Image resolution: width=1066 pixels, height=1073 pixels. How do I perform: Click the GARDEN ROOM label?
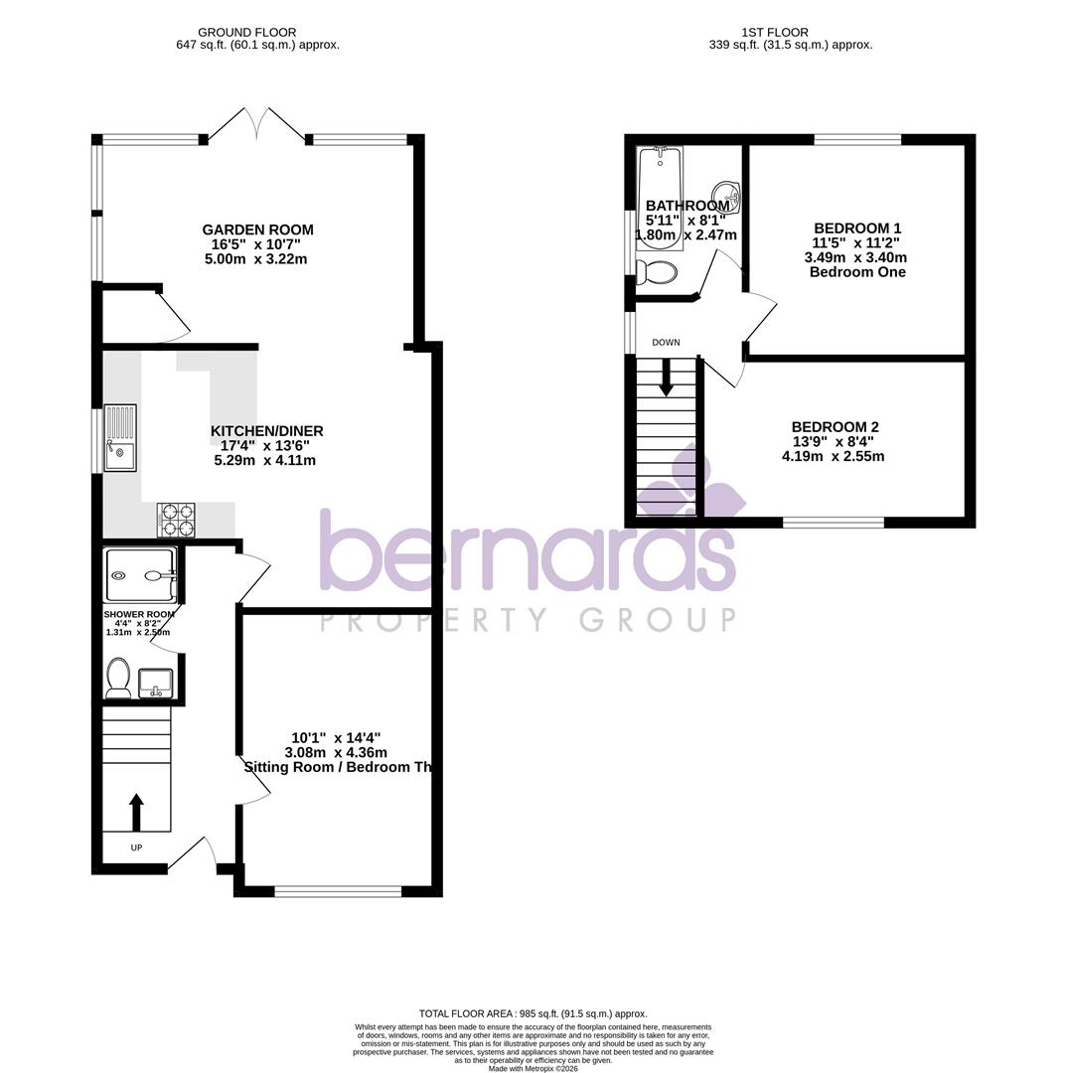(257, 230)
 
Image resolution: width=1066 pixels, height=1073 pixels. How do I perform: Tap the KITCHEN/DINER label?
(266, 431)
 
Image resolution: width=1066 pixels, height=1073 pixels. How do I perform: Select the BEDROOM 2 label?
(835, 426)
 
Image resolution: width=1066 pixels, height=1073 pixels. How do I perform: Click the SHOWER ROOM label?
(138, 615)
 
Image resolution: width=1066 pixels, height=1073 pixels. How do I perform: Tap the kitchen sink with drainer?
(120, 437)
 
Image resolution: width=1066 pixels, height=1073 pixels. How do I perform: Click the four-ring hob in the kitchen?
(176, 519)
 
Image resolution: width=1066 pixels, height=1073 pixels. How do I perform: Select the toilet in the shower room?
(118, 678)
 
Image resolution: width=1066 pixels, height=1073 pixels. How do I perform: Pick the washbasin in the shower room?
(156, 682)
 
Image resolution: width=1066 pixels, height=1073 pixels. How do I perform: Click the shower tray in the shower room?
(140, 575)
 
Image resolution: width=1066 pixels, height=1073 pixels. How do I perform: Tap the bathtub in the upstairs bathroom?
(659, 198)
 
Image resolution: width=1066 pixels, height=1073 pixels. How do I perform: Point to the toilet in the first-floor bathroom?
(656, 270)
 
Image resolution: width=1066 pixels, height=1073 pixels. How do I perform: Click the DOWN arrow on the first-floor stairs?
(666, 377)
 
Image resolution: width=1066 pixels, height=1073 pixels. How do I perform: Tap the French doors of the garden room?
(257, 125)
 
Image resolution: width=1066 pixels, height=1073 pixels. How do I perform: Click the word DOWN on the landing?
(666, 343)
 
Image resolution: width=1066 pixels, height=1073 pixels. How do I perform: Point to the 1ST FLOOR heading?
(774, 33)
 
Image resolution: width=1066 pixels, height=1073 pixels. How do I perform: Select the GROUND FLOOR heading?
(246, 33)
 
